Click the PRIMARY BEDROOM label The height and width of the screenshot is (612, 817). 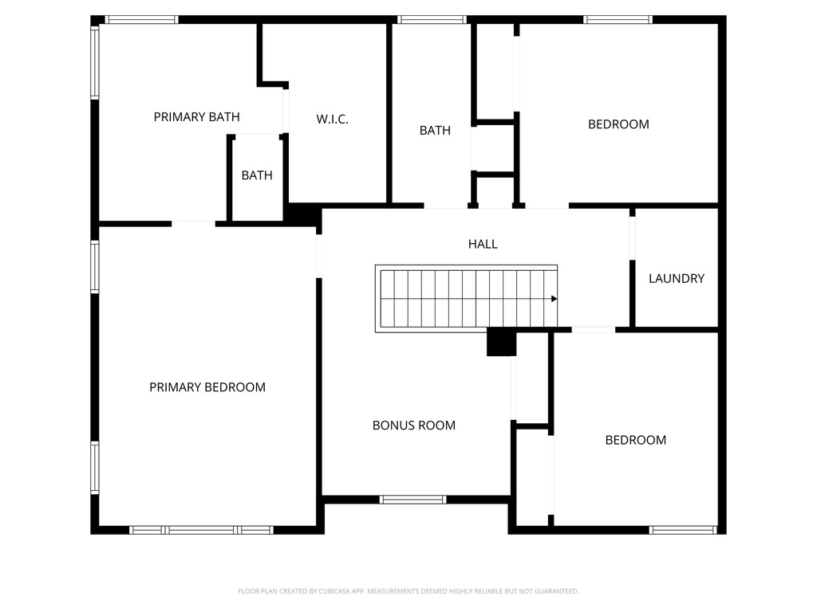point(207,387)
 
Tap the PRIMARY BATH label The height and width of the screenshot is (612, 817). point(196,117)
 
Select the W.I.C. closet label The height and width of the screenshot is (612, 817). point(332,120)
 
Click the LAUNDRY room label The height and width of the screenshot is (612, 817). point(677,278)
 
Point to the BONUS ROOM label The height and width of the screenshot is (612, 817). point(414,426)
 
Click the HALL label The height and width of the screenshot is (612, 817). point(483,244)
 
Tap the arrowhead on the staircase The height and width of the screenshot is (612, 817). point(554,299)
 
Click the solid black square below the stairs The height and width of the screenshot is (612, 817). point(502,343)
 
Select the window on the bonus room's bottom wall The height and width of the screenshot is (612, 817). point(412,500)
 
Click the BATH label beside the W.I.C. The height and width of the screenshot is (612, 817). point(435,130)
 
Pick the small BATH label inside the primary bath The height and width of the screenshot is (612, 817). point(257,175)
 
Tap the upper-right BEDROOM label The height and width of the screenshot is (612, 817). point(618,124)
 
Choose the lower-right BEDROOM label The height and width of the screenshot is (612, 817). point(635,440)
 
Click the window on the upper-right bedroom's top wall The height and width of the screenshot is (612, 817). point(618,20)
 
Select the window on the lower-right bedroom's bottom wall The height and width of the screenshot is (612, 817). point(683,529)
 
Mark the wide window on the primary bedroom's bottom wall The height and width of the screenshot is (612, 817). point(201,529)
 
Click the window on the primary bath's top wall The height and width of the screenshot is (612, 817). point(141,20)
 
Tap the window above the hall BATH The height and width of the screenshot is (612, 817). point(432,20)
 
